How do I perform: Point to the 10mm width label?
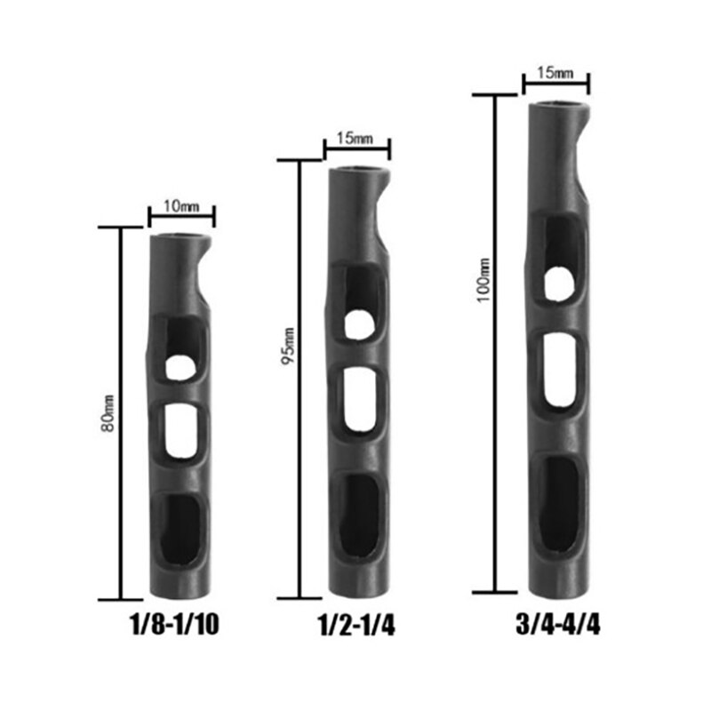click(182, 206)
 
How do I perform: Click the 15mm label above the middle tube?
click(356, 140)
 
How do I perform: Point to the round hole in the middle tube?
click(359, 324)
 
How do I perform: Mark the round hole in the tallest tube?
click(558, 282)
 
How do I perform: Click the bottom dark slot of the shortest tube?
click(183, 528)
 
